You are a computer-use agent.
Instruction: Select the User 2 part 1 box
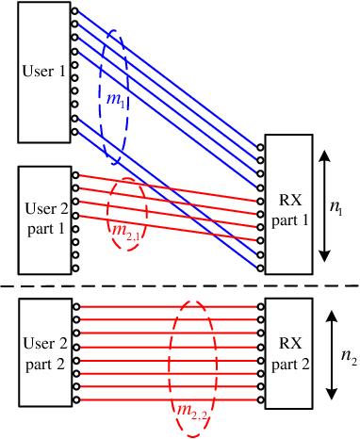click(x=43, y=219)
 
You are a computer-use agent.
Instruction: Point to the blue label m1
click(x=116, y=102)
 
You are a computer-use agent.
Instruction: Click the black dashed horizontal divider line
click(x=179, y=285)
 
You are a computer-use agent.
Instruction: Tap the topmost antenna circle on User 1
click(x=74, y=12)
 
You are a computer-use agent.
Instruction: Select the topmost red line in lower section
click(x=170, y=307)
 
